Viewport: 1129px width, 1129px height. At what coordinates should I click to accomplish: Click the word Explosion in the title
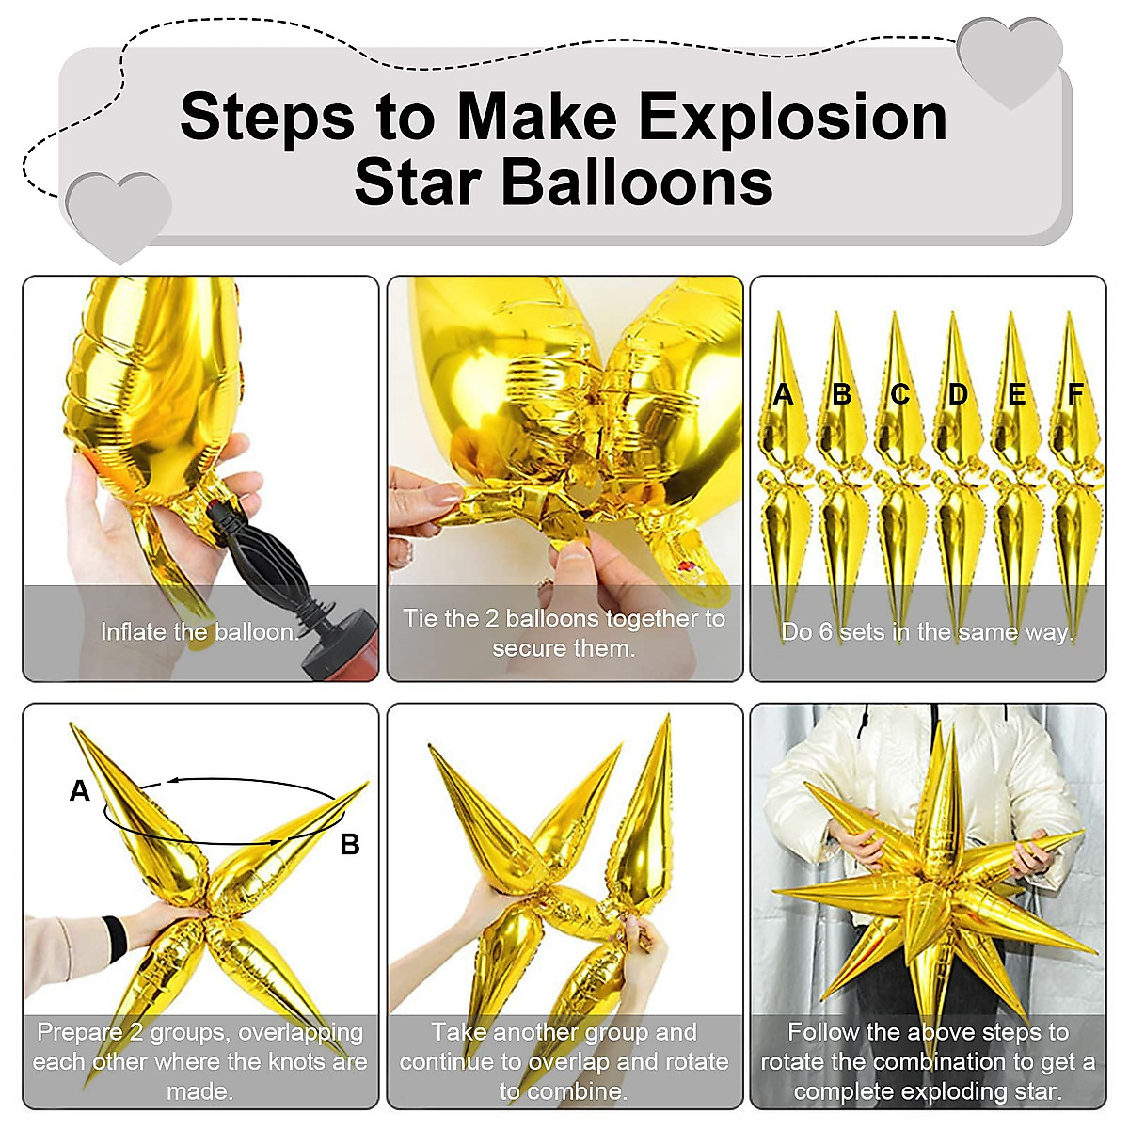click(792, 118)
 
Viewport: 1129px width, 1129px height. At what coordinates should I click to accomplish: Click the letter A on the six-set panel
click(783, 394)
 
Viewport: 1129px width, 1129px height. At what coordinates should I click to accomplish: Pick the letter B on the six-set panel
click(841, 394)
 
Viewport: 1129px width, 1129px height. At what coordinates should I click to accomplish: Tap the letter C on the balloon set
click(899, 394)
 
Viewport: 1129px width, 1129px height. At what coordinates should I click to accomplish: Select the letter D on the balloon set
click(958, 394)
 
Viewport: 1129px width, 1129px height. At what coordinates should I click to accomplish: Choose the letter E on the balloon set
click(1016, 394)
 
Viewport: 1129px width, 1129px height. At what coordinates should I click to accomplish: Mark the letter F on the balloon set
click(1075, 394)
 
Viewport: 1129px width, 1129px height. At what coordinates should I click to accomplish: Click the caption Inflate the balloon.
click(199, 632)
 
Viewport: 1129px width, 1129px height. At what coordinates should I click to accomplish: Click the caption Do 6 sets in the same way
click(928, 632)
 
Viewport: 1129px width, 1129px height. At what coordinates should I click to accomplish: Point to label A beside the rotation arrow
click(80, 791)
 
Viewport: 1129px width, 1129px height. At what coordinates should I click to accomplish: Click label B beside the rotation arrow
click(349, 845)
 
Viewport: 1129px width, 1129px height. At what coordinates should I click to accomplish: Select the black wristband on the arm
click(116, 938)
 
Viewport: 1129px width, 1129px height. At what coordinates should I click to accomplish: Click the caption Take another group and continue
click(564, 1061)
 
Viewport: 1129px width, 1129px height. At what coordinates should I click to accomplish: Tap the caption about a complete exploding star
click(928, 1061)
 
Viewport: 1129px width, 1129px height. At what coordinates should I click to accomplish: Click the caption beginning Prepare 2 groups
click(199, 1061)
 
